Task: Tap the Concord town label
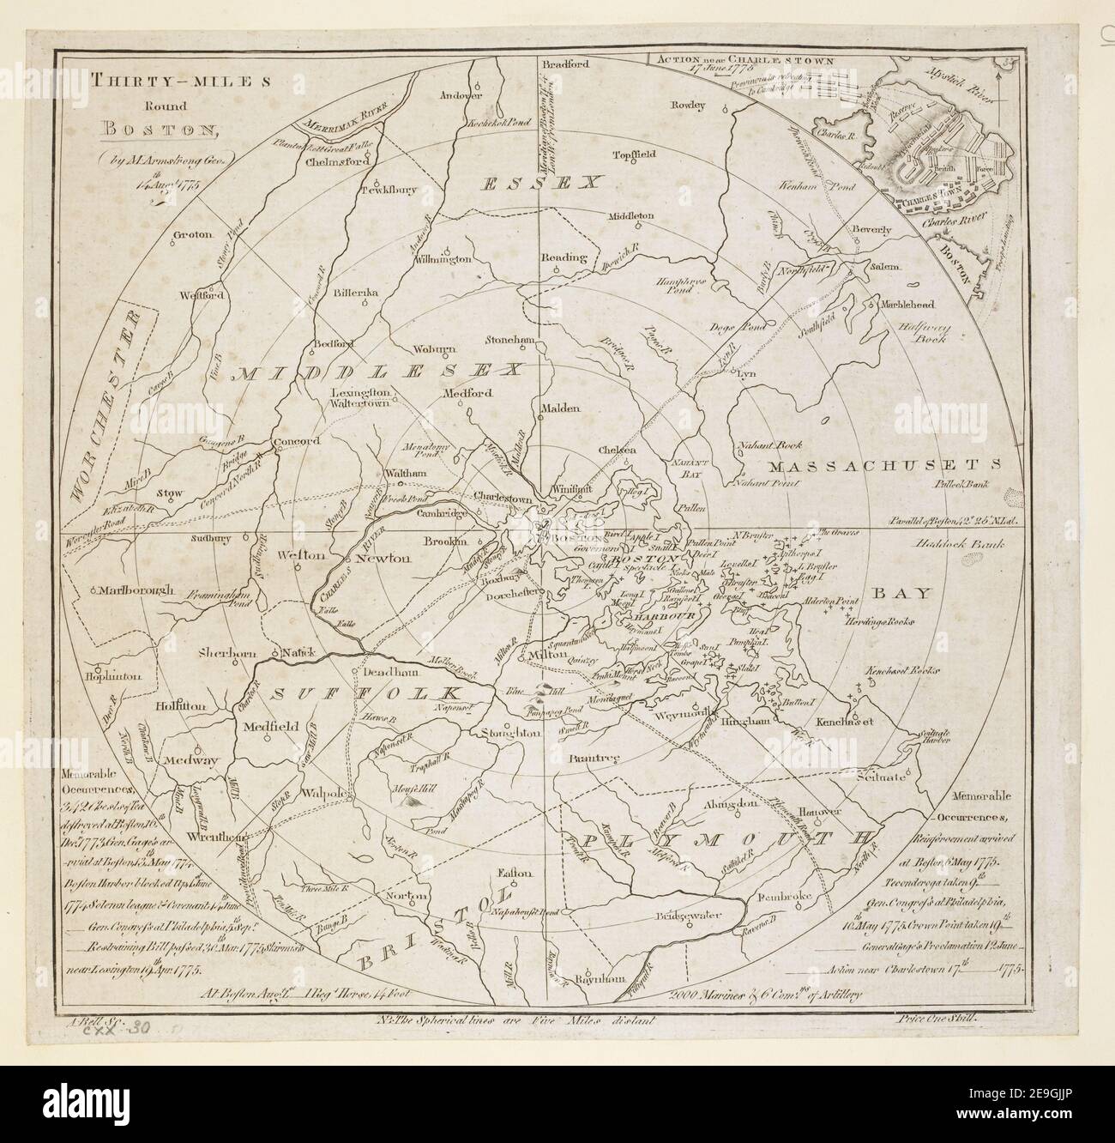tap(296, 442)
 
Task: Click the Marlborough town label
tap(136, 591)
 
